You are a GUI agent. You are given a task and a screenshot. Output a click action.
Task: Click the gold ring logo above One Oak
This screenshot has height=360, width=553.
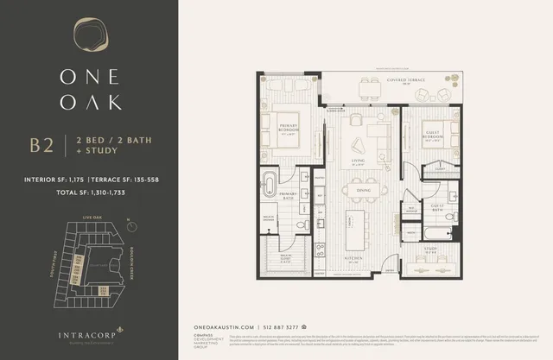(x=88, y=37)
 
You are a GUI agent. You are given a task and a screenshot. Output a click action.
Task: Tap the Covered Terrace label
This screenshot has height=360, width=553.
(x=385, y=82)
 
